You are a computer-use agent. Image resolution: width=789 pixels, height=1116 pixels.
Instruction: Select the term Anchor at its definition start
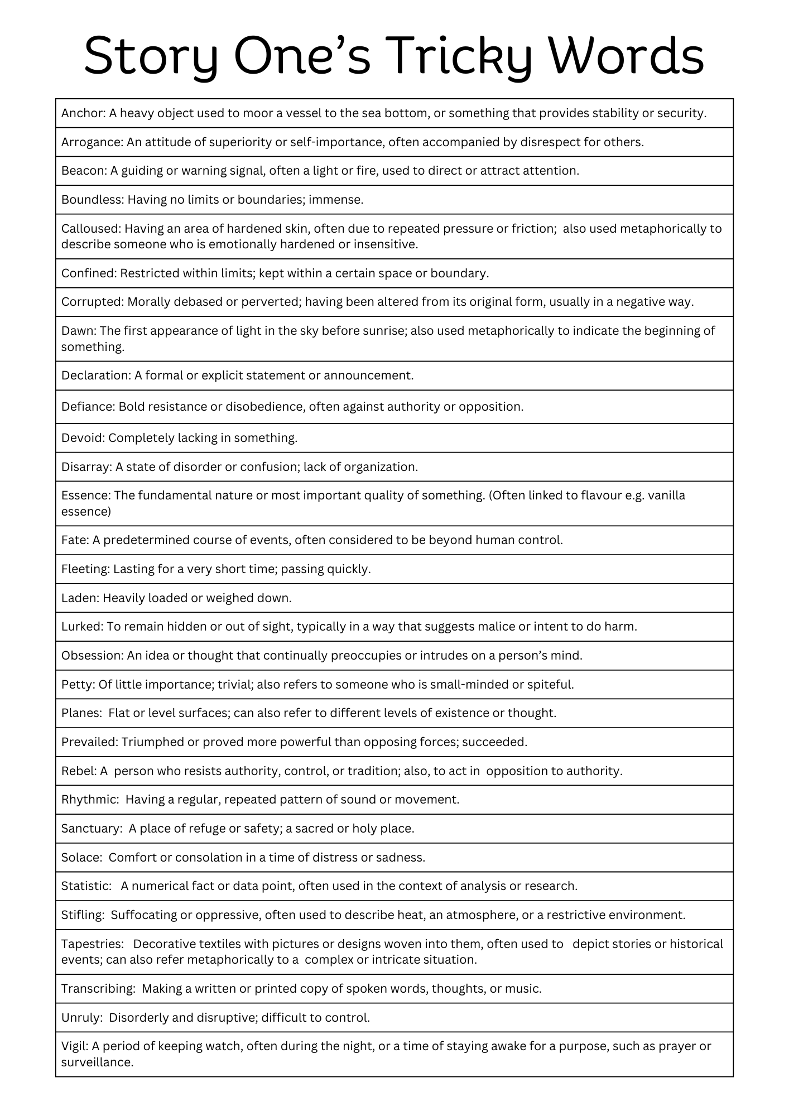83,113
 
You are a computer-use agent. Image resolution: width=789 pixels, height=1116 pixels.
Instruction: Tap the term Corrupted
92,302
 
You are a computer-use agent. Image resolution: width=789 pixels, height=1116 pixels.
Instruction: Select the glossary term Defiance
88,407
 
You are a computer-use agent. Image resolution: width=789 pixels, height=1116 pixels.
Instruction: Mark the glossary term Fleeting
85,569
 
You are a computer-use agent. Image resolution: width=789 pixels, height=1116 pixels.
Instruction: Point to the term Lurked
81,627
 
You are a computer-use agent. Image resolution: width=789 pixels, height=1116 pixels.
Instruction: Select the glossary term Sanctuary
91,829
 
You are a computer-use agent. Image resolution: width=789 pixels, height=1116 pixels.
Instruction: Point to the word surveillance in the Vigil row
97,1062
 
